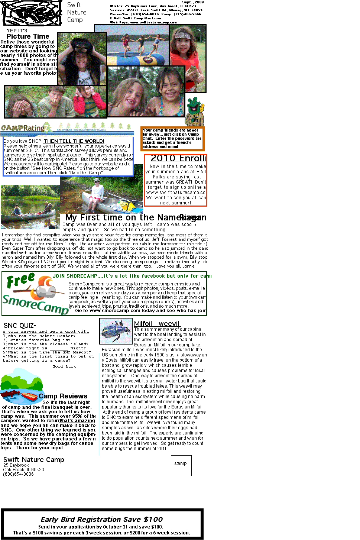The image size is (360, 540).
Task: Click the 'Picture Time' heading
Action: (28, 36)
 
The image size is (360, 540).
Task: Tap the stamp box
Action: (181, 465)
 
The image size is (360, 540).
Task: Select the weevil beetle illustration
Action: (116, 331)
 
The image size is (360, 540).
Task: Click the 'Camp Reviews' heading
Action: (63, 396)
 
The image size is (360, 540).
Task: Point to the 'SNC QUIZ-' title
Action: (20, 326)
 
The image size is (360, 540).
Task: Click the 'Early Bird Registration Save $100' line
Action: (102, 519)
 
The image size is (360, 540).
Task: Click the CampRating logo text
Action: (23, 128)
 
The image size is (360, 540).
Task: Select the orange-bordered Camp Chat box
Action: (172, 139)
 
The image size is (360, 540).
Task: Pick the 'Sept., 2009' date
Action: (193, 2)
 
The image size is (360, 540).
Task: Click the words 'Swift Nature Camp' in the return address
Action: (34, 460)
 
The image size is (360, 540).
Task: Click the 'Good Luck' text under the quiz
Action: (64, 366)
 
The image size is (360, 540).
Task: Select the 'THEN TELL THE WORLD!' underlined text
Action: (74, 141)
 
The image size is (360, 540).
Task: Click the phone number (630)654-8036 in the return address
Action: (19, 474)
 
